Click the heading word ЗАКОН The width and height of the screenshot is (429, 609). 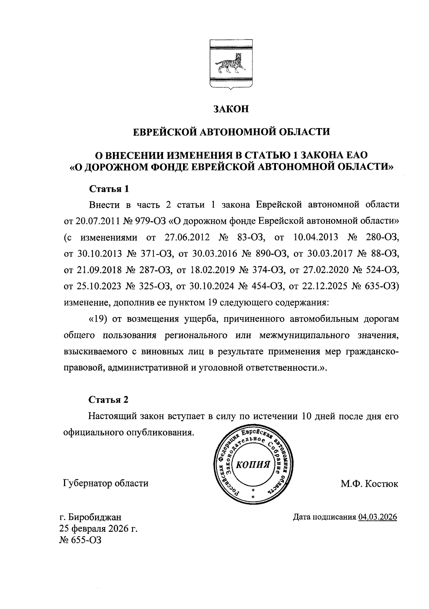coord(231,109)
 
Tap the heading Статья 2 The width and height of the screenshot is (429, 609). coord(108,399)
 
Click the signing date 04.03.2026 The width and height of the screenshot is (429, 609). coord(378,517)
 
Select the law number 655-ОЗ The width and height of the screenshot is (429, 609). coord(86,540)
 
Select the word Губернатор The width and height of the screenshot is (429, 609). coord(88,484)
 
